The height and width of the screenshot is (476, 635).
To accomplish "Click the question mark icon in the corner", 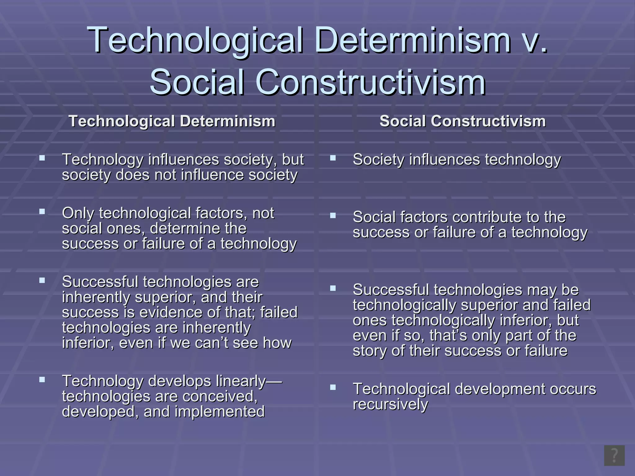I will pos(614,456).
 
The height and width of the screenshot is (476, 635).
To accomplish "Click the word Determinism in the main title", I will pos(412,40).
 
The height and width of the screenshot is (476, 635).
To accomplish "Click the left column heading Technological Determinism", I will pos(172,121).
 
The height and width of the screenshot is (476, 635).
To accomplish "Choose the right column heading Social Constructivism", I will pos(463,121).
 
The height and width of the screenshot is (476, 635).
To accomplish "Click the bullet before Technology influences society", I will pos(42,158).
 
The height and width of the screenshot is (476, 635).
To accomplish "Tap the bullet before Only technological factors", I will pos(42,212).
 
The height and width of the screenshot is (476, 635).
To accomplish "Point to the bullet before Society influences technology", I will pos(333,158).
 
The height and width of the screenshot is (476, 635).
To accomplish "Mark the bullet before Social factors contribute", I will pos(333,216).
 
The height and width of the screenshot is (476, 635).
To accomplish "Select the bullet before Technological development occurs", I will pos(333,387).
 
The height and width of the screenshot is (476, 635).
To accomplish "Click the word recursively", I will pos(390,404).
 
